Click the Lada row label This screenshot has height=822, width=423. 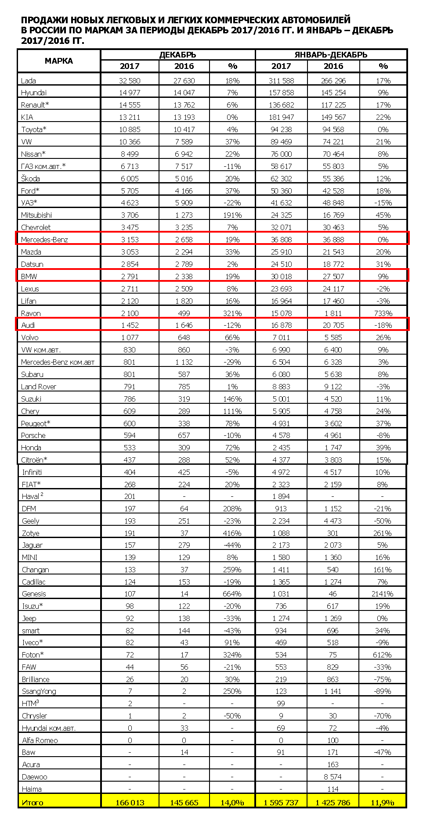(x=29, y=81)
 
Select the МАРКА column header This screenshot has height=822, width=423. (x=59, y=61)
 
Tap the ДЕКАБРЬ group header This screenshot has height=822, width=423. (x=177, y=55)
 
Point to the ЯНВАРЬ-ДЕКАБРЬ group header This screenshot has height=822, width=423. (x=331, y=55)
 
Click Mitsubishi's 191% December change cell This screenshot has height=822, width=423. (x=232, y=215)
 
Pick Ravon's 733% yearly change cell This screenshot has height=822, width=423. (x=383, y=313)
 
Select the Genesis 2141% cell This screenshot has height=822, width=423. (x=382, y=594)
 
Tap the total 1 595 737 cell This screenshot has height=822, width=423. (x=281, y=803)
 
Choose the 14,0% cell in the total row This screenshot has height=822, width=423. (x=232, y=803)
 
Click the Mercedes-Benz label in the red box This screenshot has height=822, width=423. (x=44, y=240)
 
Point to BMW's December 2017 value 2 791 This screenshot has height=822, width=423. (x=130, y=276)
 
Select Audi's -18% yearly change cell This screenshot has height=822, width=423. (x=383, y=325)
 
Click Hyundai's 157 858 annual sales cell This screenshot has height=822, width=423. (x=281, y=93)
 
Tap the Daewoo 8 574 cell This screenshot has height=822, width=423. (x=333, y=777)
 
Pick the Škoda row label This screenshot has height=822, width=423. (x=30, y=179)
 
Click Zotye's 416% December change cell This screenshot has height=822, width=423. (x=232, y=533)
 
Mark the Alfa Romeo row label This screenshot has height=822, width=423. (x=40, y=740)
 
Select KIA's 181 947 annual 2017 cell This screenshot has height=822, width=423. (x=281, y=117)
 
